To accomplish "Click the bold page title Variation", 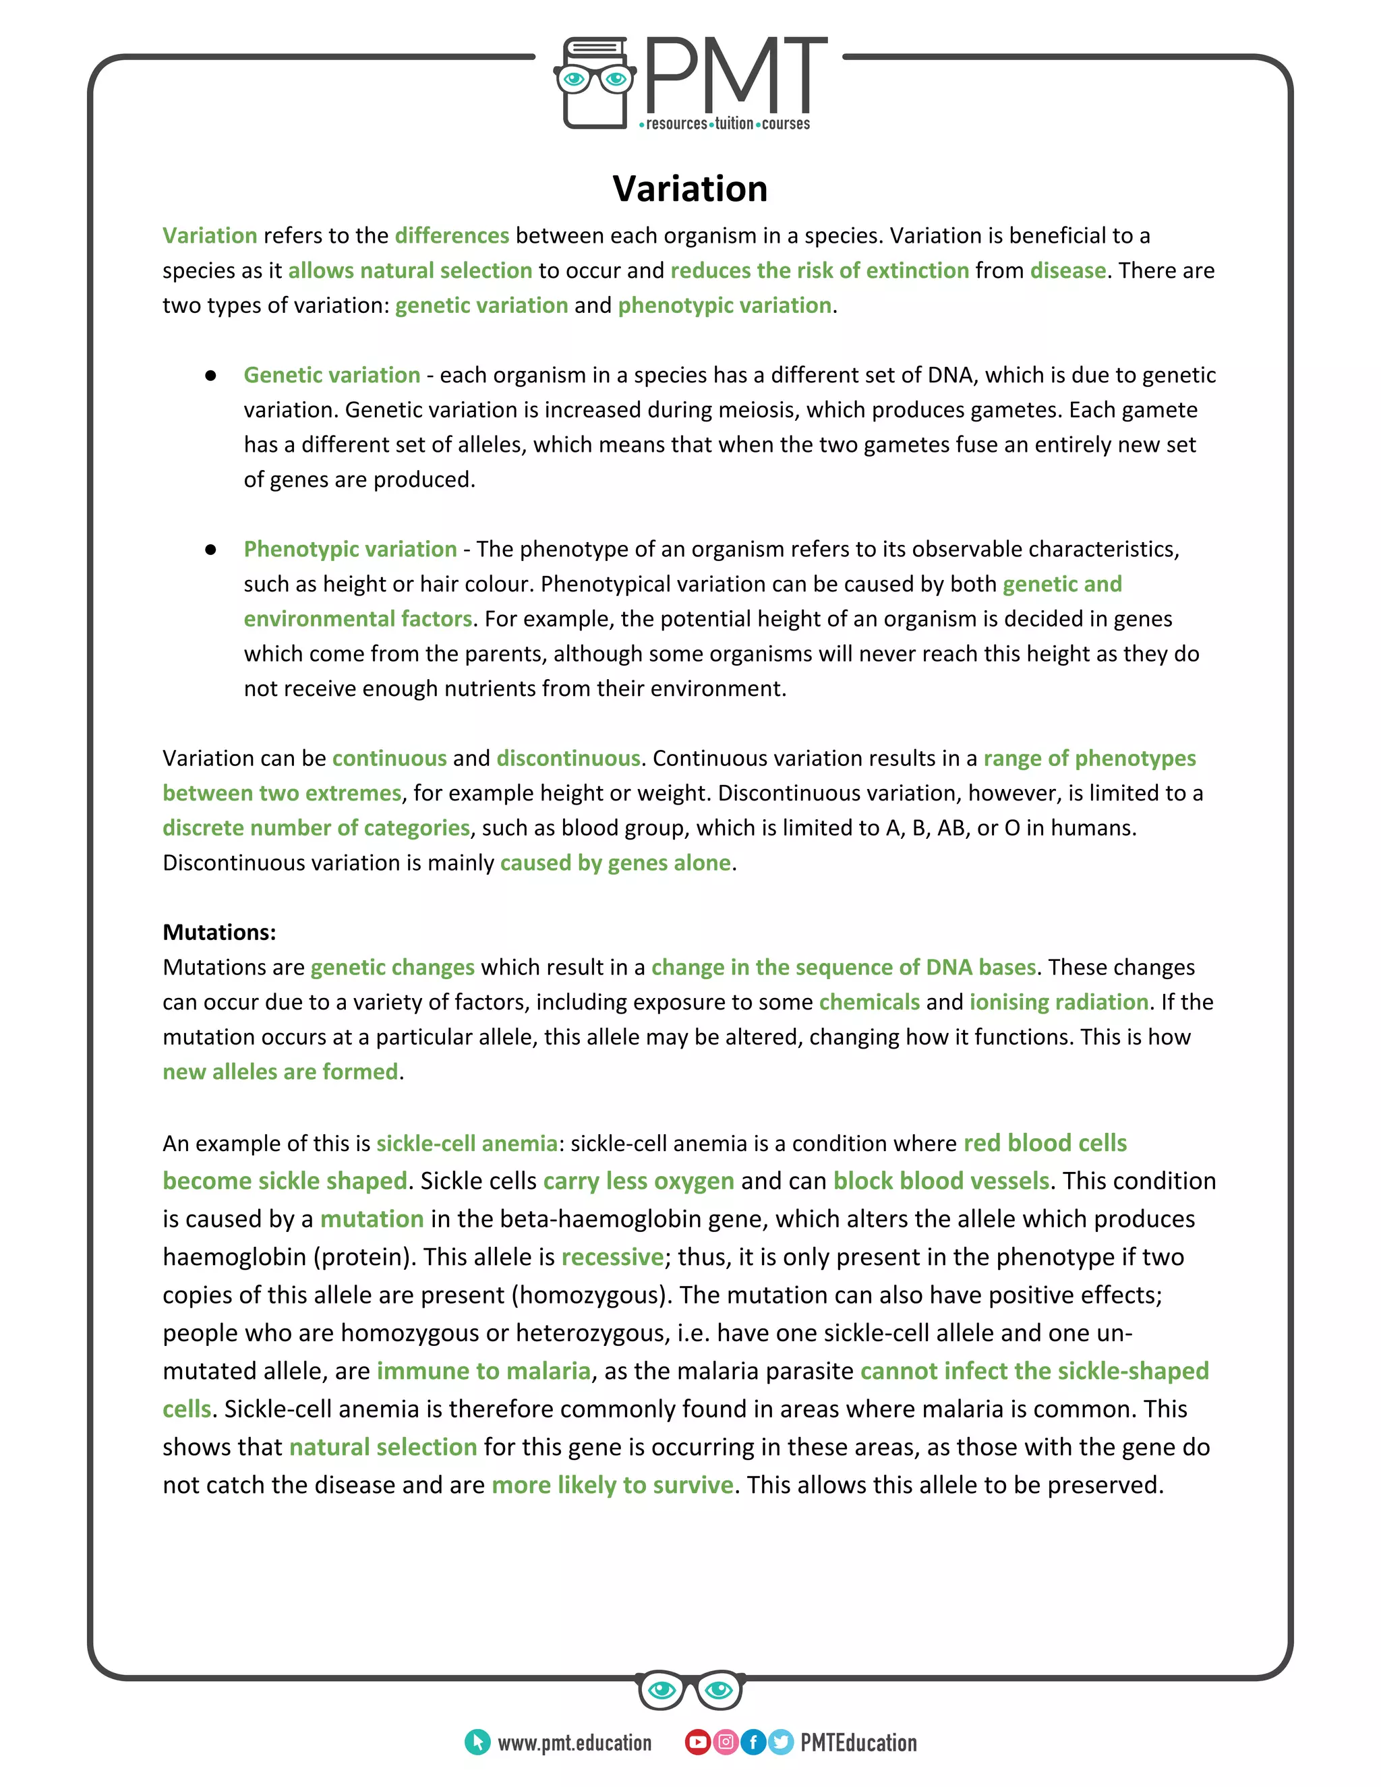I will coord(690,189).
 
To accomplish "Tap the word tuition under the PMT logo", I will coord(734,123).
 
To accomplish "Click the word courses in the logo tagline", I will coord(786,123).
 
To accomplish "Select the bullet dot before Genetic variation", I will coord(210,376).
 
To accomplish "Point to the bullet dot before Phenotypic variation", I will coord(210,550).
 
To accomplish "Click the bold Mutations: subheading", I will coord(219,932).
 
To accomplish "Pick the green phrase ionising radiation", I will coord(1059,1001).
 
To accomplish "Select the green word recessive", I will coord(612,1257).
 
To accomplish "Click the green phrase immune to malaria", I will coord(483,1370).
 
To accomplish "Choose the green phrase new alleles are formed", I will coord(280,1072).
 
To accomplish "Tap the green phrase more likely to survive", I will coord(612,1484).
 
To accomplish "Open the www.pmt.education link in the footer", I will coord(575,1742).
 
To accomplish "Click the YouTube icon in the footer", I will coord(697,1742).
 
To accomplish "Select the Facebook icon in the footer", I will coord(753,1742).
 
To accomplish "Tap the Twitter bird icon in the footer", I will coord(780,1742).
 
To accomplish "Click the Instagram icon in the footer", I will coord(725,1742).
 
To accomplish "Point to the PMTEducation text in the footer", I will coord(858,1742).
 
